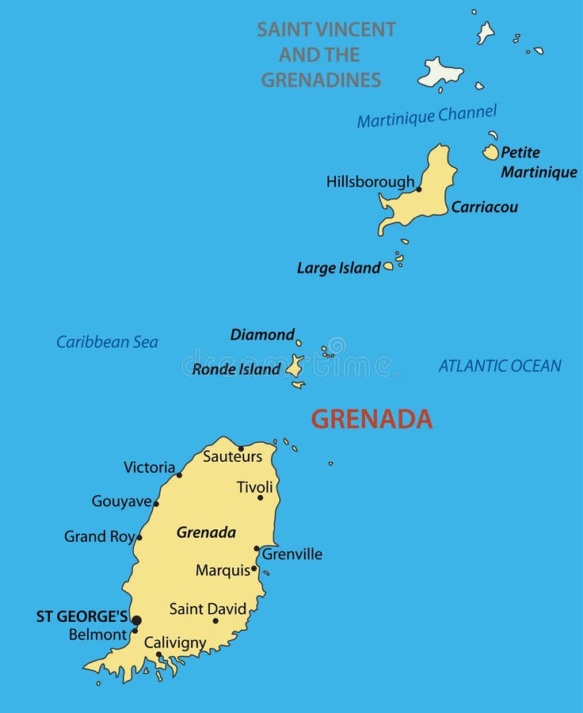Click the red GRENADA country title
click(371, 419)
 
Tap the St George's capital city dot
click(136, 620)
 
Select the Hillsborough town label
click(370, 181)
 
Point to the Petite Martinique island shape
click(491, 152)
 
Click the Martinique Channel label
click(426, 116)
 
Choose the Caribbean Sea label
click(107, 342)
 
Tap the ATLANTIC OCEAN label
click(500, 366)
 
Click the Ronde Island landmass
click(295, 366)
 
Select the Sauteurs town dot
click(242, 448)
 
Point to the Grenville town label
click(292, 555)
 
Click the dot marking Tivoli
click(260, 498)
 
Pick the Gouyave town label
click(121, 501)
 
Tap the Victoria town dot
click(179, 475)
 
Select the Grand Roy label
click(99, 537)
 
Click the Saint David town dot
click(215, 620)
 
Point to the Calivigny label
click(175, 642)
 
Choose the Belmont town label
click(97, 635)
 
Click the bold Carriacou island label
click(485, 207)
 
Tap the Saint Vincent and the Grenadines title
click(325, 55)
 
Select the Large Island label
click(338, 268)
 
